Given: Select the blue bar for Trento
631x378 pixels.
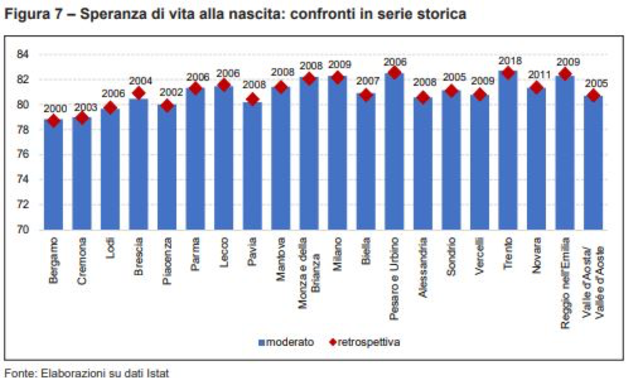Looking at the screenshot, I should point(508,151).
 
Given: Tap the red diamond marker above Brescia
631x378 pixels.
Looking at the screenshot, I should point(140,93).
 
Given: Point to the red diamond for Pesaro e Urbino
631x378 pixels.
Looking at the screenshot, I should point(395,73).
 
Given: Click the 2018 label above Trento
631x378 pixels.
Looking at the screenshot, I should point(508,60).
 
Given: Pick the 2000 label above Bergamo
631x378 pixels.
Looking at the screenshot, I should point(54,108).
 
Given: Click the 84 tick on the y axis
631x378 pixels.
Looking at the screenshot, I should point(24,54).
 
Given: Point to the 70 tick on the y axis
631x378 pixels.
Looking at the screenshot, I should point(24,230).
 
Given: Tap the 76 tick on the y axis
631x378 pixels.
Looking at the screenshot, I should point(24,154).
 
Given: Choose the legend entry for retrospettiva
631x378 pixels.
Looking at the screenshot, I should point(365,342).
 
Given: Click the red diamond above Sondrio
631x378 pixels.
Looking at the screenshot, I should point(451,91).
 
